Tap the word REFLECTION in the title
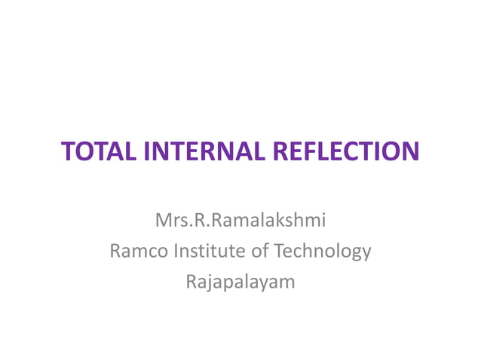pyautogui.click(x=343, y=151)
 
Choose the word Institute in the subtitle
pyautogui.click(x=209, y=251)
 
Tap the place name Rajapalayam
pyautogui.click(x=240, y=282)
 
